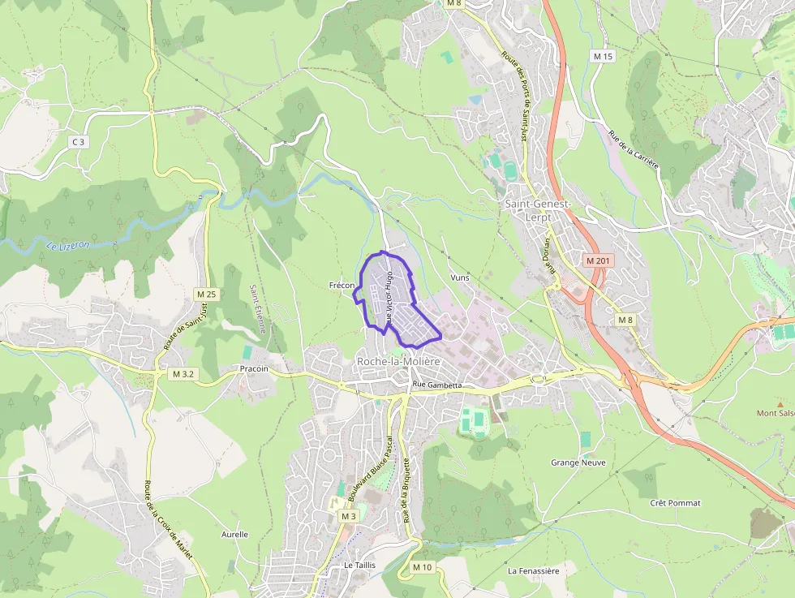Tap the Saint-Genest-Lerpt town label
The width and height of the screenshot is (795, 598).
[x=539, y=209]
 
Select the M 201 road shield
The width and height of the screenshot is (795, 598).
[x=599, y=260]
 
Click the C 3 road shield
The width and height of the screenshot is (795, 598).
[x=78, y=142]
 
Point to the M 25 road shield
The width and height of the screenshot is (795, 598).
[x=206, y=294]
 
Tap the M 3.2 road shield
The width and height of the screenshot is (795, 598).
[x=183, y=374]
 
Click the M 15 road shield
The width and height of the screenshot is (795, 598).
[x=603, y=56]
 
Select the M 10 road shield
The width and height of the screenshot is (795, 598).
[x=422, y=567]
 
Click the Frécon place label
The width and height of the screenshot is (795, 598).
[x=342, y=286]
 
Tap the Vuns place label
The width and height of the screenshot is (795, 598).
[x=460, y=277]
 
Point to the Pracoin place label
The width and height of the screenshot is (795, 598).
[x=254, y=368]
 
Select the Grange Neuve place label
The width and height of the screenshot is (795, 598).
[x=578, y=462]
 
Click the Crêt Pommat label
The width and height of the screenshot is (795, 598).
[x=675, y=503]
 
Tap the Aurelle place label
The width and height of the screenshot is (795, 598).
[x=234, y=535]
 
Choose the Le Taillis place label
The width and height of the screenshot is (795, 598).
[x=359, y=565]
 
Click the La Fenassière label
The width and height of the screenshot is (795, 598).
[x=533, y=570]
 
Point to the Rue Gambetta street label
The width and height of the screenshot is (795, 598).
[x=436, y=385]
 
